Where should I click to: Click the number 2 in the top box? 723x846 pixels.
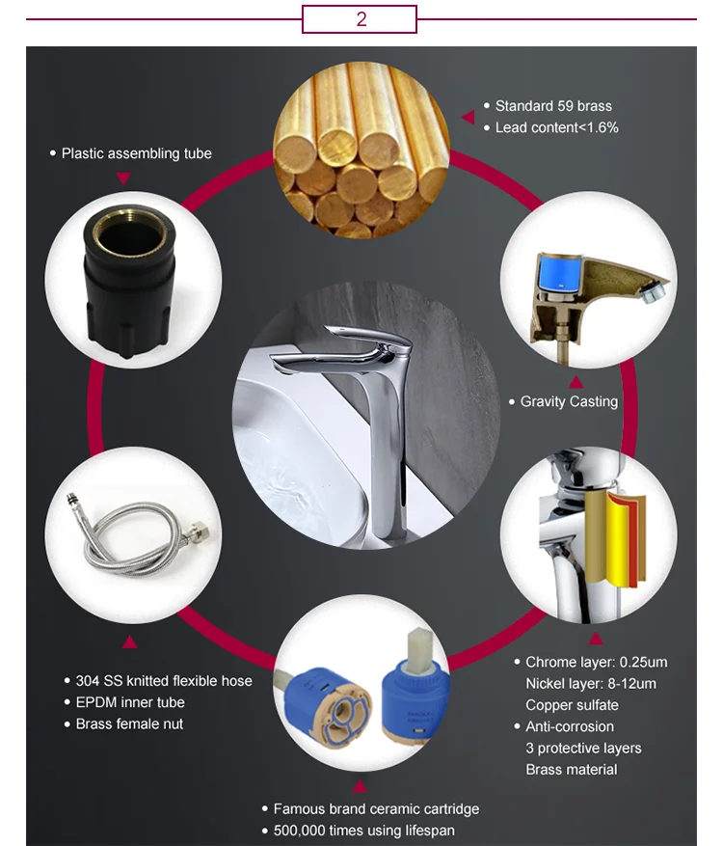tap(361, 19)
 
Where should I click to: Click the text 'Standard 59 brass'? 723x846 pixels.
tap(553, 106)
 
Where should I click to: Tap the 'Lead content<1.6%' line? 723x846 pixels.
tap(556, 127)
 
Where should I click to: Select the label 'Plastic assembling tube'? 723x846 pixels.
tap(136, 153)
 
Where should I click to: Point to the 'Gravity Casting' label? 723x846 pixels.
tap(569, 401)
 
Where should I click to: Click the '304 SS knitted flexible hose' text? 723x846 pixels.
tap(164, 681)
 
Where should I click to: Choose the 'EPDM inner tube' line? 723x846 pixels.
tap(130, 702)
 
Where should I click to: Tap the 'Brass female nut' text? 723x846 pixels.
tap(129, 724)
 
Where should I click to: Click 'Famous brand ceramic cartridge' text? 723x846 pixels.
tap(376, 809)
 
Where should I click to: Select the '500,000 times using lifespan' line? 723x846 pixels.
tap(364, 831)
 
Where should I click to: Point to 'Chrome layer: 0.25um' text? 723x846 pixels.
tap(597, 662)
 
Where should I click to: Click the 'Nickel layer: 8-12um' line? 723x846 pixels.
tap(591, 684)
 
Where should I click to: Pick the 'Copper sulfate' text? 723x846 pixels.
tap(572, 705)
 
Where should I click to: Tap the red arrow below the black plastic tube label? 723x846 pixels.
tap(123, 178)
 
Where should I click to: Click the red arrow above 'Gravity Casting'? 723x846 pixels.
tap(576, 382)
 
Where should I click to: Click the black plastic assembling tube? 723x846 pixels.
tap(128, 281)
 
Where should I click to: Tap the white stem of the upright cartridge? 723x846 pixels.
tap(419, 650)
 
